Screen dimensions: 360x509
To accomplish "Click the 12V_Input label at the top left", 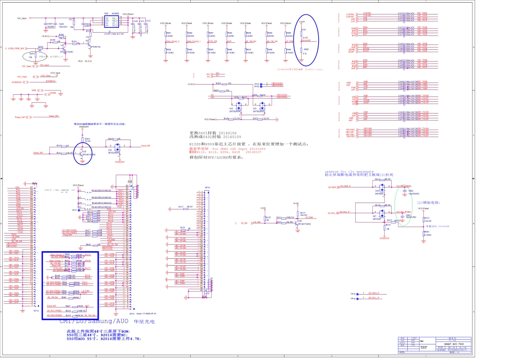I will (x=22, y=18).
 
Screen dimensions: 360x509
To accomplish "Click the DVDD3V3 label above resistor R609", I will (x=84, y=127).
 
